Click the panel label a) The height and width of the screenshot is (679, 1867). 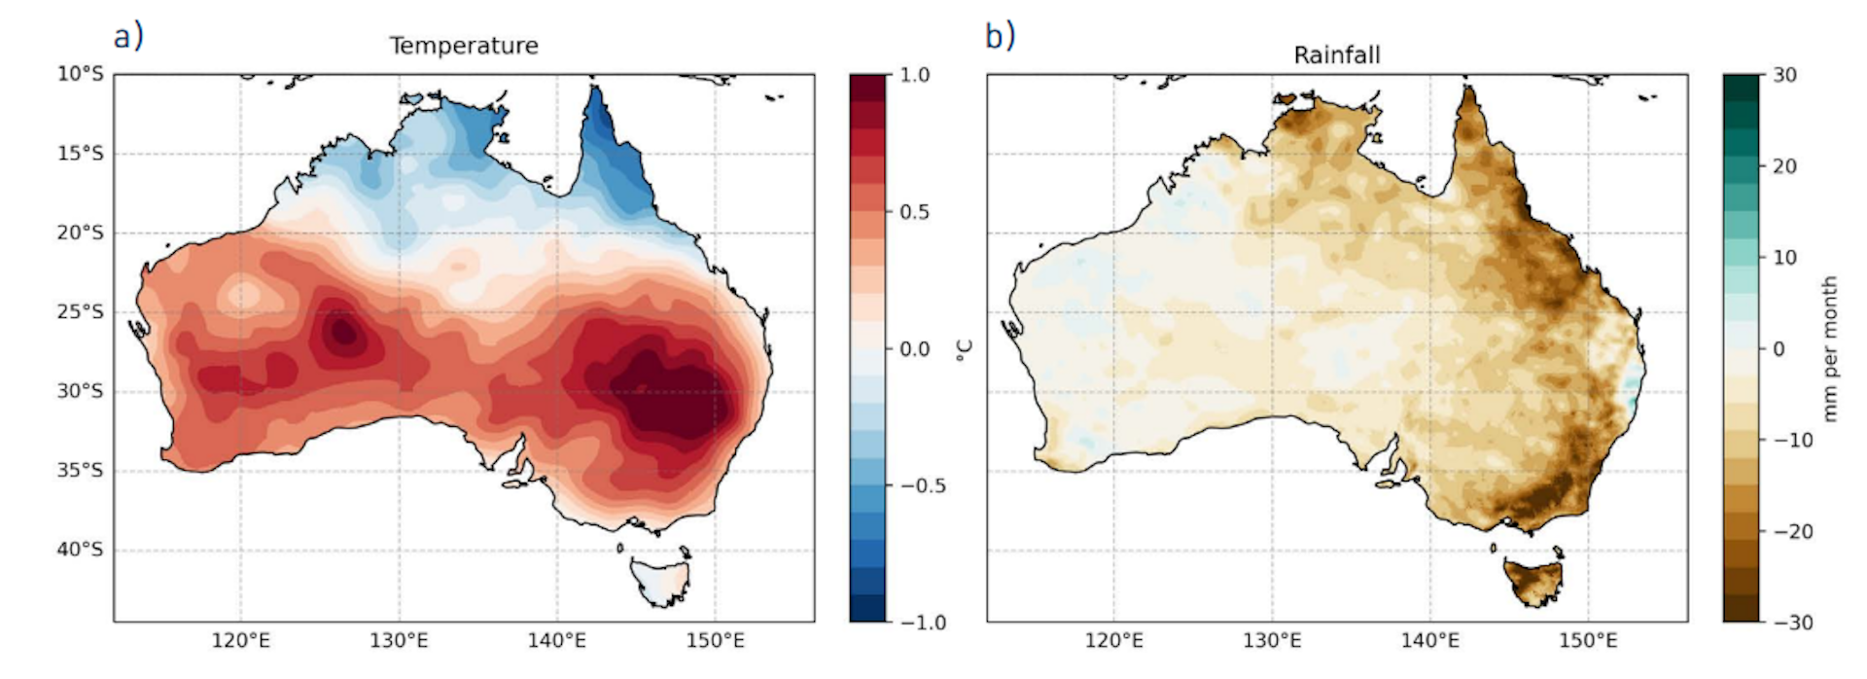pos(128,37)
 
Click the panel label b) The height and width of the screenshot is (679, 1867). pos(1000,37)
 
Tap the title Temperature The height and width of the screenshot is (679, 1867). pos(464,46)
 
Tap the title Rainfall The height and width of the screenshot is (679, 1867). pos(1336,55)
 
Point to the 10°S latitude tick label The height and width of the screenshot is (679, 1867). pos(80,75)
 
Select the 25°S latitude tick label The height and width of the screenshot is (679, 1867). pos(80,312)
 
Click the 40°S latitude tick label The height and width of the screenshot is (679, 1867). pos(80,550)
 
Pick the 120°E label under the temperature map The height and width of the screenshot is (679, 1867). pos(241,641)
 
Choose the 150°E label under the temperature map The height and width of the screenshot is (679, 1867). pos(715,641)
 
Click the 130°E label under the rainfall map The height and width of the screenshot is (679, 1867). pos(1272,641)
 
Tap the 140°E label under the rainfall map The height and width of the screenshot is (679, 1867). pos(1429,641)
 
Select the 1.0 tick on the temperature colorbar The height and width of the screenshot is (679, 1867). pos(914,75)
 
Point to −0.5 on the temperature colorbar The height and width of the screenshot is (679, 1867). pos(918,485)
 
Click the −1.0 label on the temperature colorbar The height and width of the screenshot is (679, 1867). pos(918,623)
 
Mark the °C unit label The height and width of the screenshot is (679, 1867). pos(965,349)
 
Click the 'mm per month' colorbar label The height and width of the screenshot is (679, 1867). pos(1830,348)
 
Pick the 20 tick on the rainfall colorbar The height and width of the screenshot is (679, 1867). pos(1784,166)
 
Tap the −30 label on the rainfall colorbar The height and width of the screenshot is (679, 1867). pos(1788,623)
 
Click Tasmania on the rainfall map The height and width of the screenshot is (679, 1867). pos(1532,581)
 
